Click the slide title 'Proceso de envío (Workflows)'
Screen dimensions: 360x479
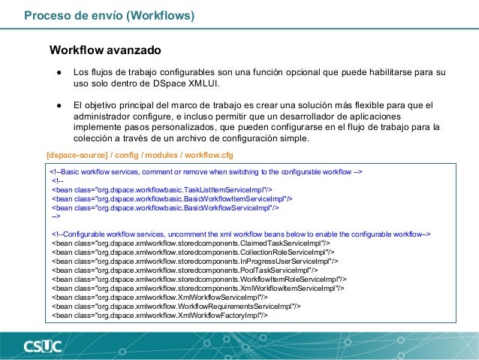[110, 15]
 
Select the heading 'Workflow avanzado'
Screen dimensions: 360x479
[105, 50]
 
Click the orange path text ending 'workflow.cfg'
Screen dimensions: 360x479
[140, 156]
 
